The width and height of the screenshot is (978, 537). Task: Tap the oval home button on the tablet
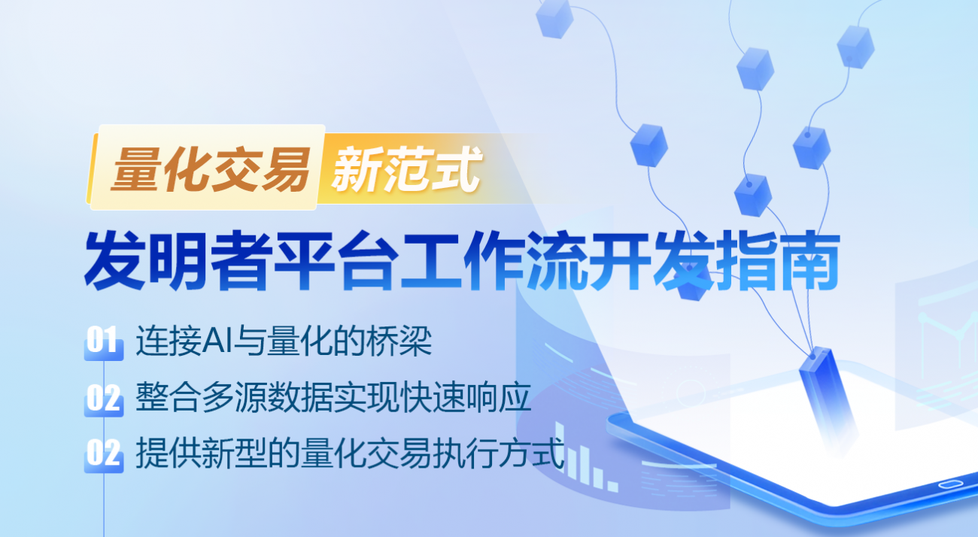950,483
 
